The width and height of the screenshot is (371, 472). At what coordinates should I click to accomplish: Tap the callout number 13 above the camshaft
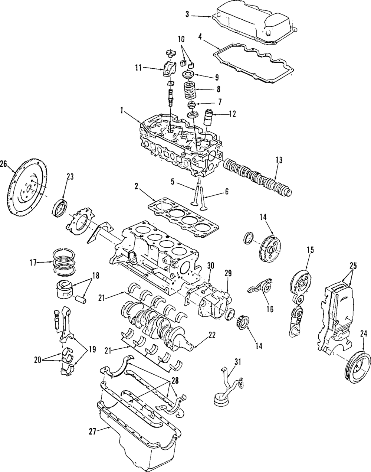279,160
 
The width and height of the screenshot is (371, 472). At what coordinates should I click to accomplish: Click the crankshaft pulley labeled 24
358,367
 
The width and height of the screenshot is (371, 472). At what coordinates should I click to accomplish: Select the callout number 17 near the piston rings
33,263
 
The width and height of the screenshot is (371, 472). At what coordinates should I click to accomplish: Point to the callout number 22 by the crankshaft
212,335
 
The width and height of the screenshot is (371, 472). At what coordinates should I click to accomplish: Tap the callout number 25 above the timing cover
353,266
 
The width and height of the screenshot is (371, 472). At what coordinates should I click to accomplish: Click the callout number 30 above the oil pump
211,266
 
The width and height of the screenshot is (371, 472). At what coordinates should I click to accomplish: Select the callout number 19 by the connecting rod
92,349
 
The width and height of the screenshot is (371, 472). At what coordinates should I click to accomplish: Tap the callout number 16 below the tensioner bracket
270,309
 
